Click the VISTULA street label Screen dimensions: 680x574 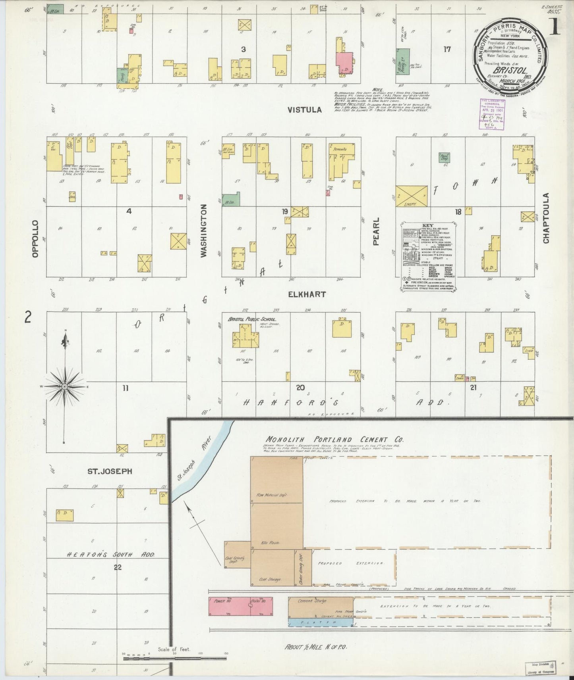pyautogui.click(x=305, y=110)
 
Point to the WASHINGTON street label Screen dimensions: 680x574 pyautogui.click(x=204, y=231)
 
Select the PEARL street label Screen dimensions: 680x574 pyautogui.click(x=376, y=231)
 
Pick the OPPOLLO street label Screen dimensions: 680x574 pyautogui.click(x=36, y=239)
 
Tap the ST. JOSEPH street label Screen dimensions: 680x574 pyautogui.click(x=110, y=471)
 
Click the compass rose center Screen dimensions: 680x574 pyautogui.click(x=64, y=386)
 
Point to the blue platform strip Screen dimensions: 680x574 pyautogui.click(x=320, y=623)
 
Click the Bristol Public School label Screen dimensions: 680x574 pyautogui.click(x=252, y=319)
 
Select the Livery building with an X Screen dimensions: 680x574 pyautogui.click(x=412, y=196)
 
